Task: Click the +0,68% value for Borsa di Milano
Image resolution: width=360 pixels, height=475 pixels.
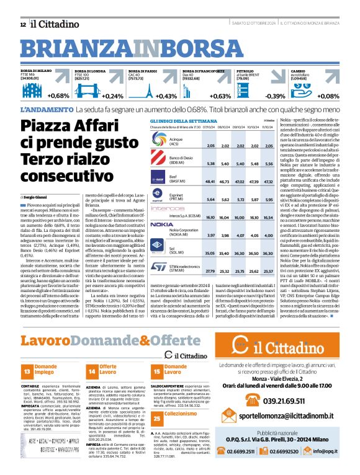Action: tap(58, 96)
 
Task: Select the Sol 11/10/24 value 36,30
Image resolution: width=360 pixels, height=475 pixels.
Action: tap(268, 254)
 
